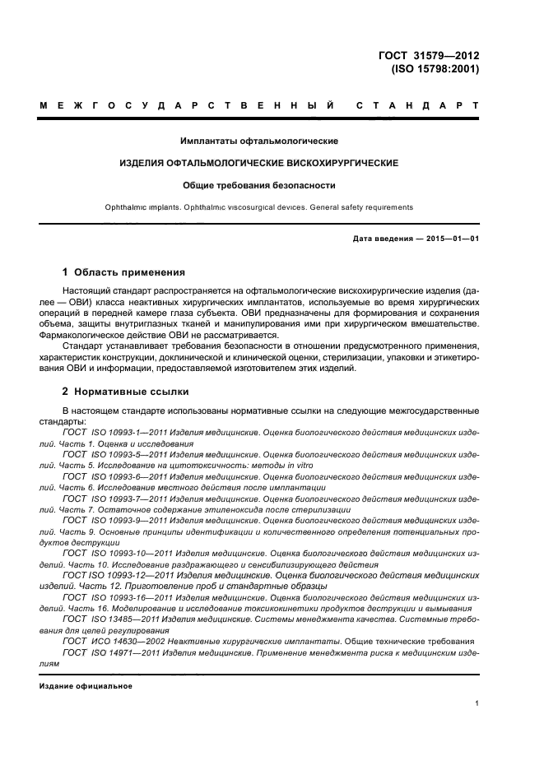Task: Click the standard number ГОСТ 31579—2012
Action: (428, 56)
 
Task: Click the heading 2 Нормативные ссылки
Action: (126, 392)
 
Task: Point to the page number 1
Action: (477, 703)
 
